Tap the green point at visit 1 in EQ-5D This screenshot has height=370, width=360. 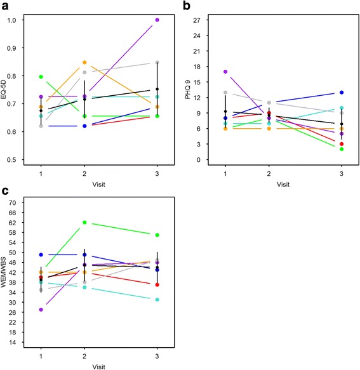[41, 77]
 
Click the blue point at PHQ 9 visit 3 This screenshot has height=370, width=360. [342, 93]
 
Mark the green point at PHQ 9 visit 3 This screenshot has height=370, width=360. [342, 149]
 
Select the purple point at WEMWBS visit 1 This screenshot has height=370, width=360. [41, 309]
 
